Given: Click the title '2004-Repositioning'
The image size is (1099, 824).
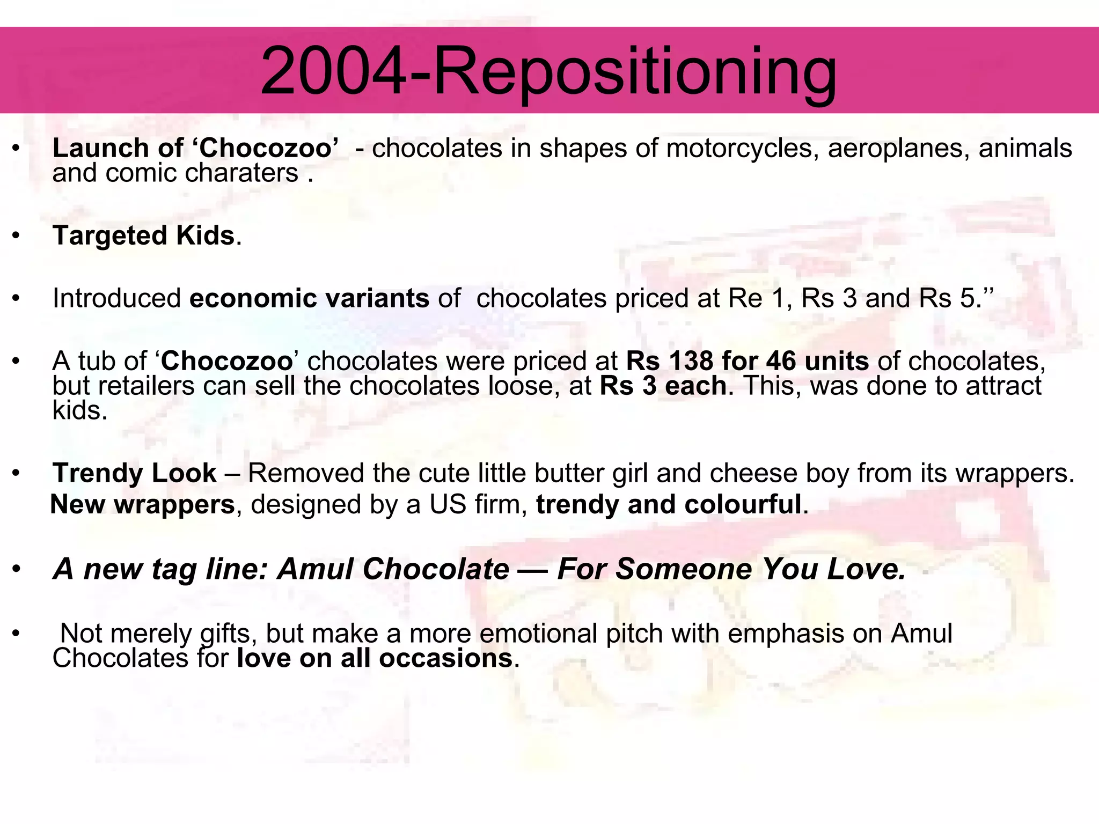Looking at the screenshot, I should pyautogui.click(x=548, y=71).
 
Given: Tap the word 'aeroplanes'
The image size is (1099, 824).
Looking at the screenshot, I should pyautogui.click(x=898, y=148).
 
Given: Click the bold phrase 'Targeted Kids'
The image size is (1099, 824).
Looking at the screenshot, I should pyautogui.click(x=143, y=236).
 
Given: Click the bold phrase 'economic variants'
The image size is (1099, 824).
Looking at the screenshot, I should pyautogui.click(x=309, y=298).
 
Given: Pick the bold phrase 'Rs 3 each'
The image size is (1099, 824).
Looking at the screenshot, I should pyautogui.click(x=663, y=386).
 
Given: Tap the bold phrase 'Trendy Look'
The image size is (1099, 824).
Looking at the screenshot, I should pyautogui.click(x=134, y=473).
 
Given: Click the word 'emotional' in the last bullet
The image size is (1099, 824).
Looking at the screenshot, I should pyautogui.click(x=538, y=634).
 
